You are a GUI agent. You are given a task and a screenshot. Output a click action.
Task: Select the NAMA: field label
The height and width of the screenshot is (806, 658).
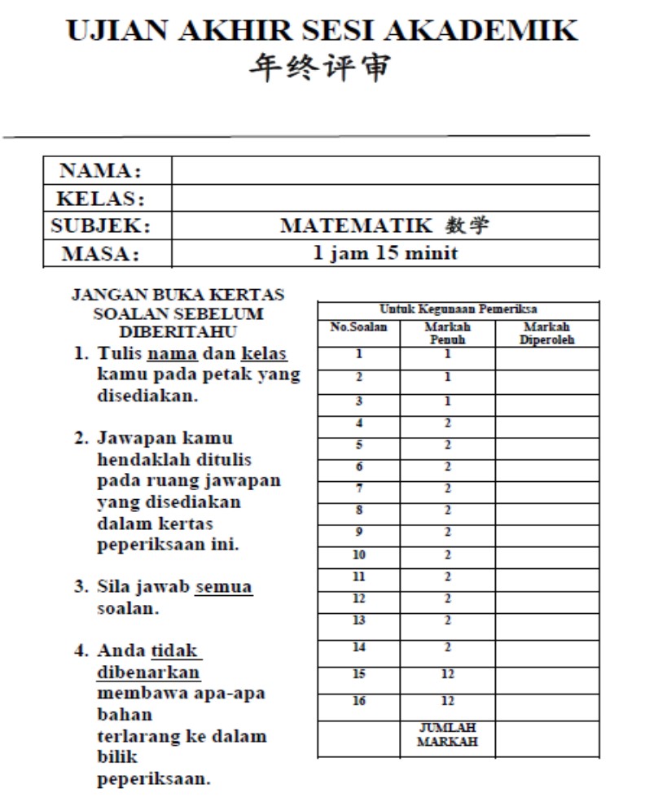[x=100, y=171]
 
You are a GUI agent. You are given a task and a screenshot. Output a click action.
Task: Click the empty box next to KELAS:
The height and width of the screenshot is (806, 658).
[x=385, y=198]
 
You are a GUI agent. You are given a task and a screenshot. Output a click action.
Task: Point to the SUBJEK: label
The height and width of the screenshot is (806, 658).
[x=100, y=226]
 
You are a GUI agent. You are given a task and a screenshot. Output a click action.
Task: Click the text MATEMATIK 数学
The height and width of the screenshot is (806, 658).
[x=384, y=226]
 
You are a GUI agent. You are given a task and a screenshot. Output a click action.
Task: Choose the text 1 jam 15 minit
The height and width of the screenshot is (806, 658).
[x=385, y=252]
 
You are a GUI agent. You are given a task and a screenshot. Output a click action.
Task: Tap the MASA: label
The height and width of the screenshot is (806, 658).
[x=100, y=253]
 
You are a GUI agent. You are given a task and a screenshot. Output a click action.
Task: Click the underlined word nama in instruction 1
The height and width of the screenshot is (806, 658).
[x=172, y=354]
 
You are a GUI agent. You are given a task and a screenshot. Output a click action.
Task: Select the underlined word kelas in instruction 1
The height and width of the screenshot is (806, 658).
[x=265, y=354]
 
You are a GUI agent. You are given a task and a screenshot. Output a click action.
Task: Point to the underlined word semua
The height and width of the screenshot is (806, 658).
[x=224, y=586]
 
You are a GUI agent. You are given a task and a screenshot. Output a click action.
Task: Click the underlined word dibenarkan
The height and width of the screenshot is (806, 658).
[x=148, y=672]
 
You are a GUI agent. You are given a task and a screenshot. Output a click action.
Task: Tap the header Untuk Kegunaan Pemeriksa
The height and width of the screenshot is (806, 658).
[x=458, y=309]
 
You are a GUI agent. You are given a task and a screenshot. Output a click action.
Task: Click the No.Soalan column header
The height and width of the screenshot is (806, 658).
[x=358, y=327]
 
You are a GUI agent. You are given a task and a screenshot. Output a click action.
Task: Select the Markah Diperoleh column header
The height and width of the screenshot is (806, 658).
[x=547, y=333]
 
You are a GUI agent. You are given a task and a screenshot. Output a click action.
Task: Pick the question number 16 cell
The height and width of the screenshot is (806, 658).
[x=358, y=701]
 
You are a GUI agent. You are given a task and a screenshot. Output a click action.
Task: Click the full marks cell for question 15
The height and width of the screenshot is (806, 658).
[x=448, y=674]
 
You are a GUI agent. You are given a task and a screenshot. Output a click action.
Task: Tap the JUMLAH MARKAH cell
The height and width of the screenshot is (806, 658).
[x=447, y=734]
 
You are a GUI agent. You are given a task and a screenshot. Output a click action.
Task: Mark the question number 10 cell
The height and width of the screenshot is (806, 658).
[x=358, y=555]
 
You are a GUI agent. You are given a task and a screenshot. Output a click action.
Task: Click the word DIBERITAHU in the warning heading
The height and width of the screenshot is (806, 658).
[x=178, y=332]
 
